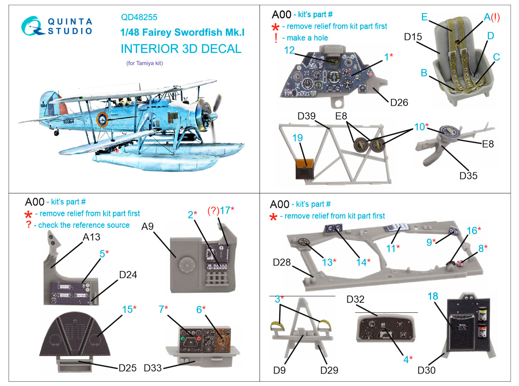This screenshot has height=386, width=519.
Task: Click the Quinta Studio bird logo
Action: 32,26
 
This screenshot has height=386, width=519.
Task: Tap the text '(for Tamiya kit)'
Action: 144,63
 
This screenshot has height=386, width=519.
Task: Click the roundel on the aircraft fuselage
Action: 103,120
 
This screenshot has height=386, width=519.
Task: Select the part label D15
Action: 413,37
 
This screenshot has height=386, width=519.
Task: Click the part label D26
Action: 399,103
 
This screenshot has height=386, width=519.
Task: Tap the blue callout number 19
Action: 297,138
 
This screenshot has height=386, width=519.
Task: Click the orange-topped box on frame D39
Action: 305,168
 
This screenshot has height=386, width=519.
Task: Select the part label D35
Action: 468,175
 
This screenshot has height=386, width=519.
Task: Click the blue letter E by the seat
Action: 424,17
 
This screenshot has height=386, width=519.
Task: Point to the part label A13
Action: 91,237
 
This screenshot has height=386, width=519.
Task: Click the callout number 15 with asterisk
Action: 129,309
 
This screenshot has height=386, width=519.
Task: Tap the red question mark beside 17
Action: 213,211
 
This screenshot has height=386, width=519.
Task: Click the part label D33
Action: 152,368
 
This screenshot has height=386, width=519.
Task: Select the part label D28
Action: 282,262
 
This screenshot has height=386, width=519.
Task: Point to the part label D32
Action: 355,299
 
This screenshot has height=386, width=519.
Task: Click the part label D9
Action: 279,370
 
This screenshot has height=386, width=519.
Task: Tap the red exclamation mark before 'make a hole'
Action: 276,38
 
